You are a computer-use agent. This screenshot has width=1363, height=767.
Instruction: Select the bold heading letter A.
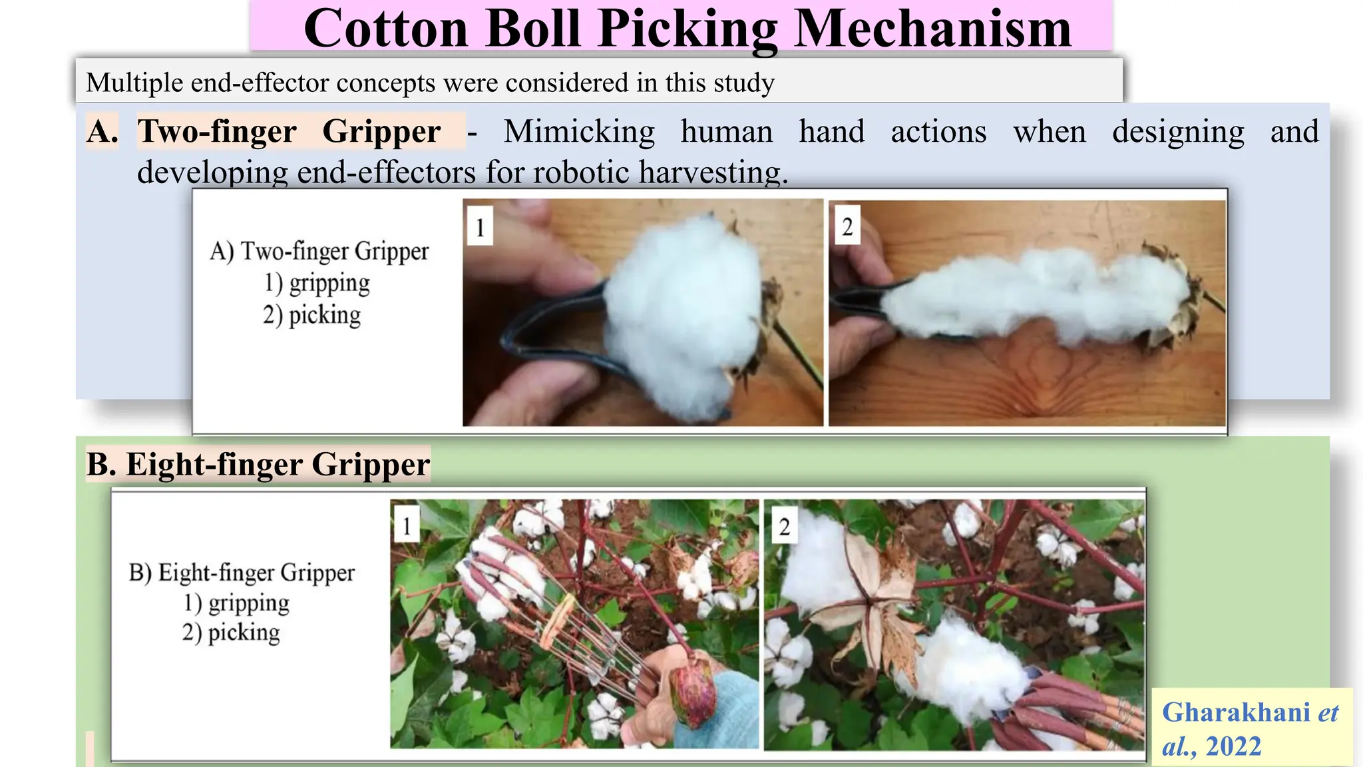pos(102,131)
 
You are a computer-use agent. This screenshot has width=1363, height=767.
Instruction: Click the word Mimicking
pos(579,131)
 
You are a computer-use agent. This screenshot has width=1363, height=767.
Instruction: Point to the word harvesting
pos(713,172)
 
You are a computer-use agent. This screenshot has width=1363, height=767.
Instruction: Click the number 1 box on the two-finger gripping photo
pos(480,227)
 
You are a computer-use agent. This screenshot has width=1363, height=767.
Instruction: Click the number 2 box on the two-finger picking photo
pos(847,226)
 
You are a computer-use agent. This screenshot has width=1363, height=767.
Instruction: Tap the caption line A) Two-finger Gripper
pos(319,251)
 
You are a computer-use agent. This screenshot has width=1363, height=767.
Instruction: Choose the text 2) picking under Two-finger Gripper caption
pos(311,315)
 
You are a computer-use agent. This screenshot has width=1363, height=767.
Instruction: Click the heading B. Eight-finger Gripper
pos(258,464)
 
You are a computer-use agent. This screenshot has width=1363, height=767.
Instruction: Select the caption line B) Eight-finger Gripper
pos(242,573)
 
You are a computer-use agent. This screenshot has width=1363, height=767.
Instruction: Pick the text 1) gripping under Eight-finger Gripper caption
pos(236,603)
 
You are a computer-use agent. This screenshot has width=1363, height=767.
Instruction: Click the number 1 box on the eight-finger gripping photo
pos(407,526)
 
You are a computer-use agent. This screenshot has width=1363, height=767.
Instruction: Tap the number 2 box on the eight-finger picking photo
pos(784,527)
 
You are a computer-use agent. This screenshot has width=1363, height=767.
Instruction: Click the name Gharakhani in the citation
pos(1236,712)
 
